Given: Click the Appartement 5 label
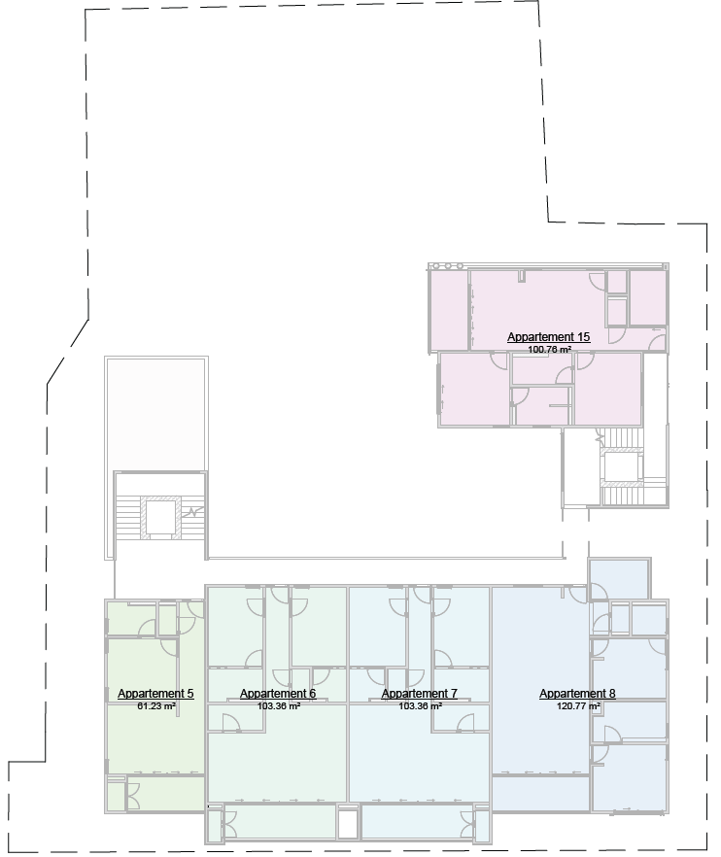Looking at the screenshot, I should (155, 694).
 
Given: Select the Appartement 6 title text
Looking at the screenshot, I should (278, 694).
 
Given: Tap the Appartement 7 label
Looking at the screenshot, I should (419, 694).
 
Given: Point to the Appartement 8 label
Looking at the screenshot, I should (577, 694).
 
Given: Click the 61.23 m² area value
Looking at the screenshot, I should (155, 706).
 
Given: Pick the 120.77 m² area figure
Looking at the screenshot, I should (577, 706).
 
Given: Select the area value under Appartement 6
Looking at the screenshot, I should (278, 706).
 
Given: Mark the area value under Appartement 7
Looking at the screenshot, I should (419, 706).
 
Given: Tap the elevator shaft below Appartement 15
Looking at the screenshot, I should (621, 467).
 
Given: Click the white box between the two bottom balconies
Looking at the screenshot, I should (348, 823).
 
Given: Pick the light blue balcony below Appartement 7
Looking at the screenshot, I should (413, 822).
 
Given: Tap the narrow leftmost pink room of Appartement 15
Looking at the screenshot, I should (448, 310).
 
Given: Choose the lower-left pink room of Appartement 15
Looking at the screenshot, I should (473, 389).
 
